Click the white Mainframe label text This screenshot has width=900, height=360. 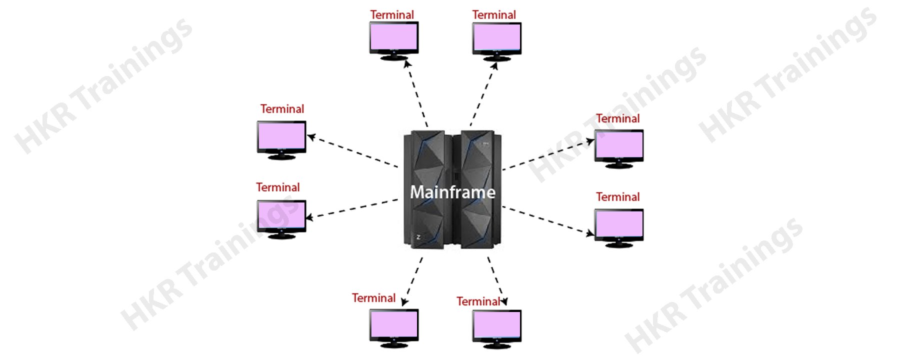click(x=452, y=192)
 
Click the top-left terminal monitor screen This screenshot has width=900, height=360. click(x=393, y=36)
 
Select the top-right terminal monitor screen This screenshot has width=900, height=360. click(x=496, y=37)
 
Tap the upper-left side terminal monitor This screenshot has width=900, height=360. click(x=281, y=136)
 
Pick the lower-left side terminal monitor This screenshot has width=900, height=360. click(x=281, y=215)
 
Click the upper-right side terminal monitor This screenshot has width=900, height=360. click(x=618, y=145)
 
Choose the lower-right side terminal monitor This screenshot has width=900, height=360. click(x=618, y=224)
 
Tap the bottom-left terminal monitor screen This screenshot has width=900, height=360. click(x=393, y=324)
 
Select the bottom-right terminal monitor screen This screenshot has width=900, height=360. click(x=496, y=325)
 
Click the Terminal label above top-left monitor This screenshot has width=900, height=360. click(x=392, y=15)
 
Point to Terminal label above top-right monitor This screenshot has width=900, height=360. click(x=494, y=15)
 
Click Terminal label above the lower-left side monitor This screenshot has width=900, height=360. click(x=278, y=187)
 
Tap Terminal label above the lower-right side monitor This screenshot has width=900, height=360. click(x=617, y=197)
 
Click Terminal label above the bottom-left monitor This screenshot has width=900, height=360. click(x=373, y=298)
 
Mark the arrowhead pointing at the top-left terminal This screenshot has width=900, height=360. click(x=407, y=63)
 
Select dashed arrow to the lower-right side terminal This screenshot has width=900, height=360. click(x=547, y=220)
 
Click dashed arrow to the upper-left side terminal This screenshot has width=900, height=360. click(x=352, y=151)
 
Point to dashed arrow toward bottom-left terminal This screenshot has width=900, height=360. click(x=413, y=281)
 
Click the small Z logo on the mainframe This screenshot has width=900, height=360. click(x=418, y=237)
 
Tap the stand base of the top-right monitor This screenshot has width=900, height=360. click(x=496, y=58)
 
